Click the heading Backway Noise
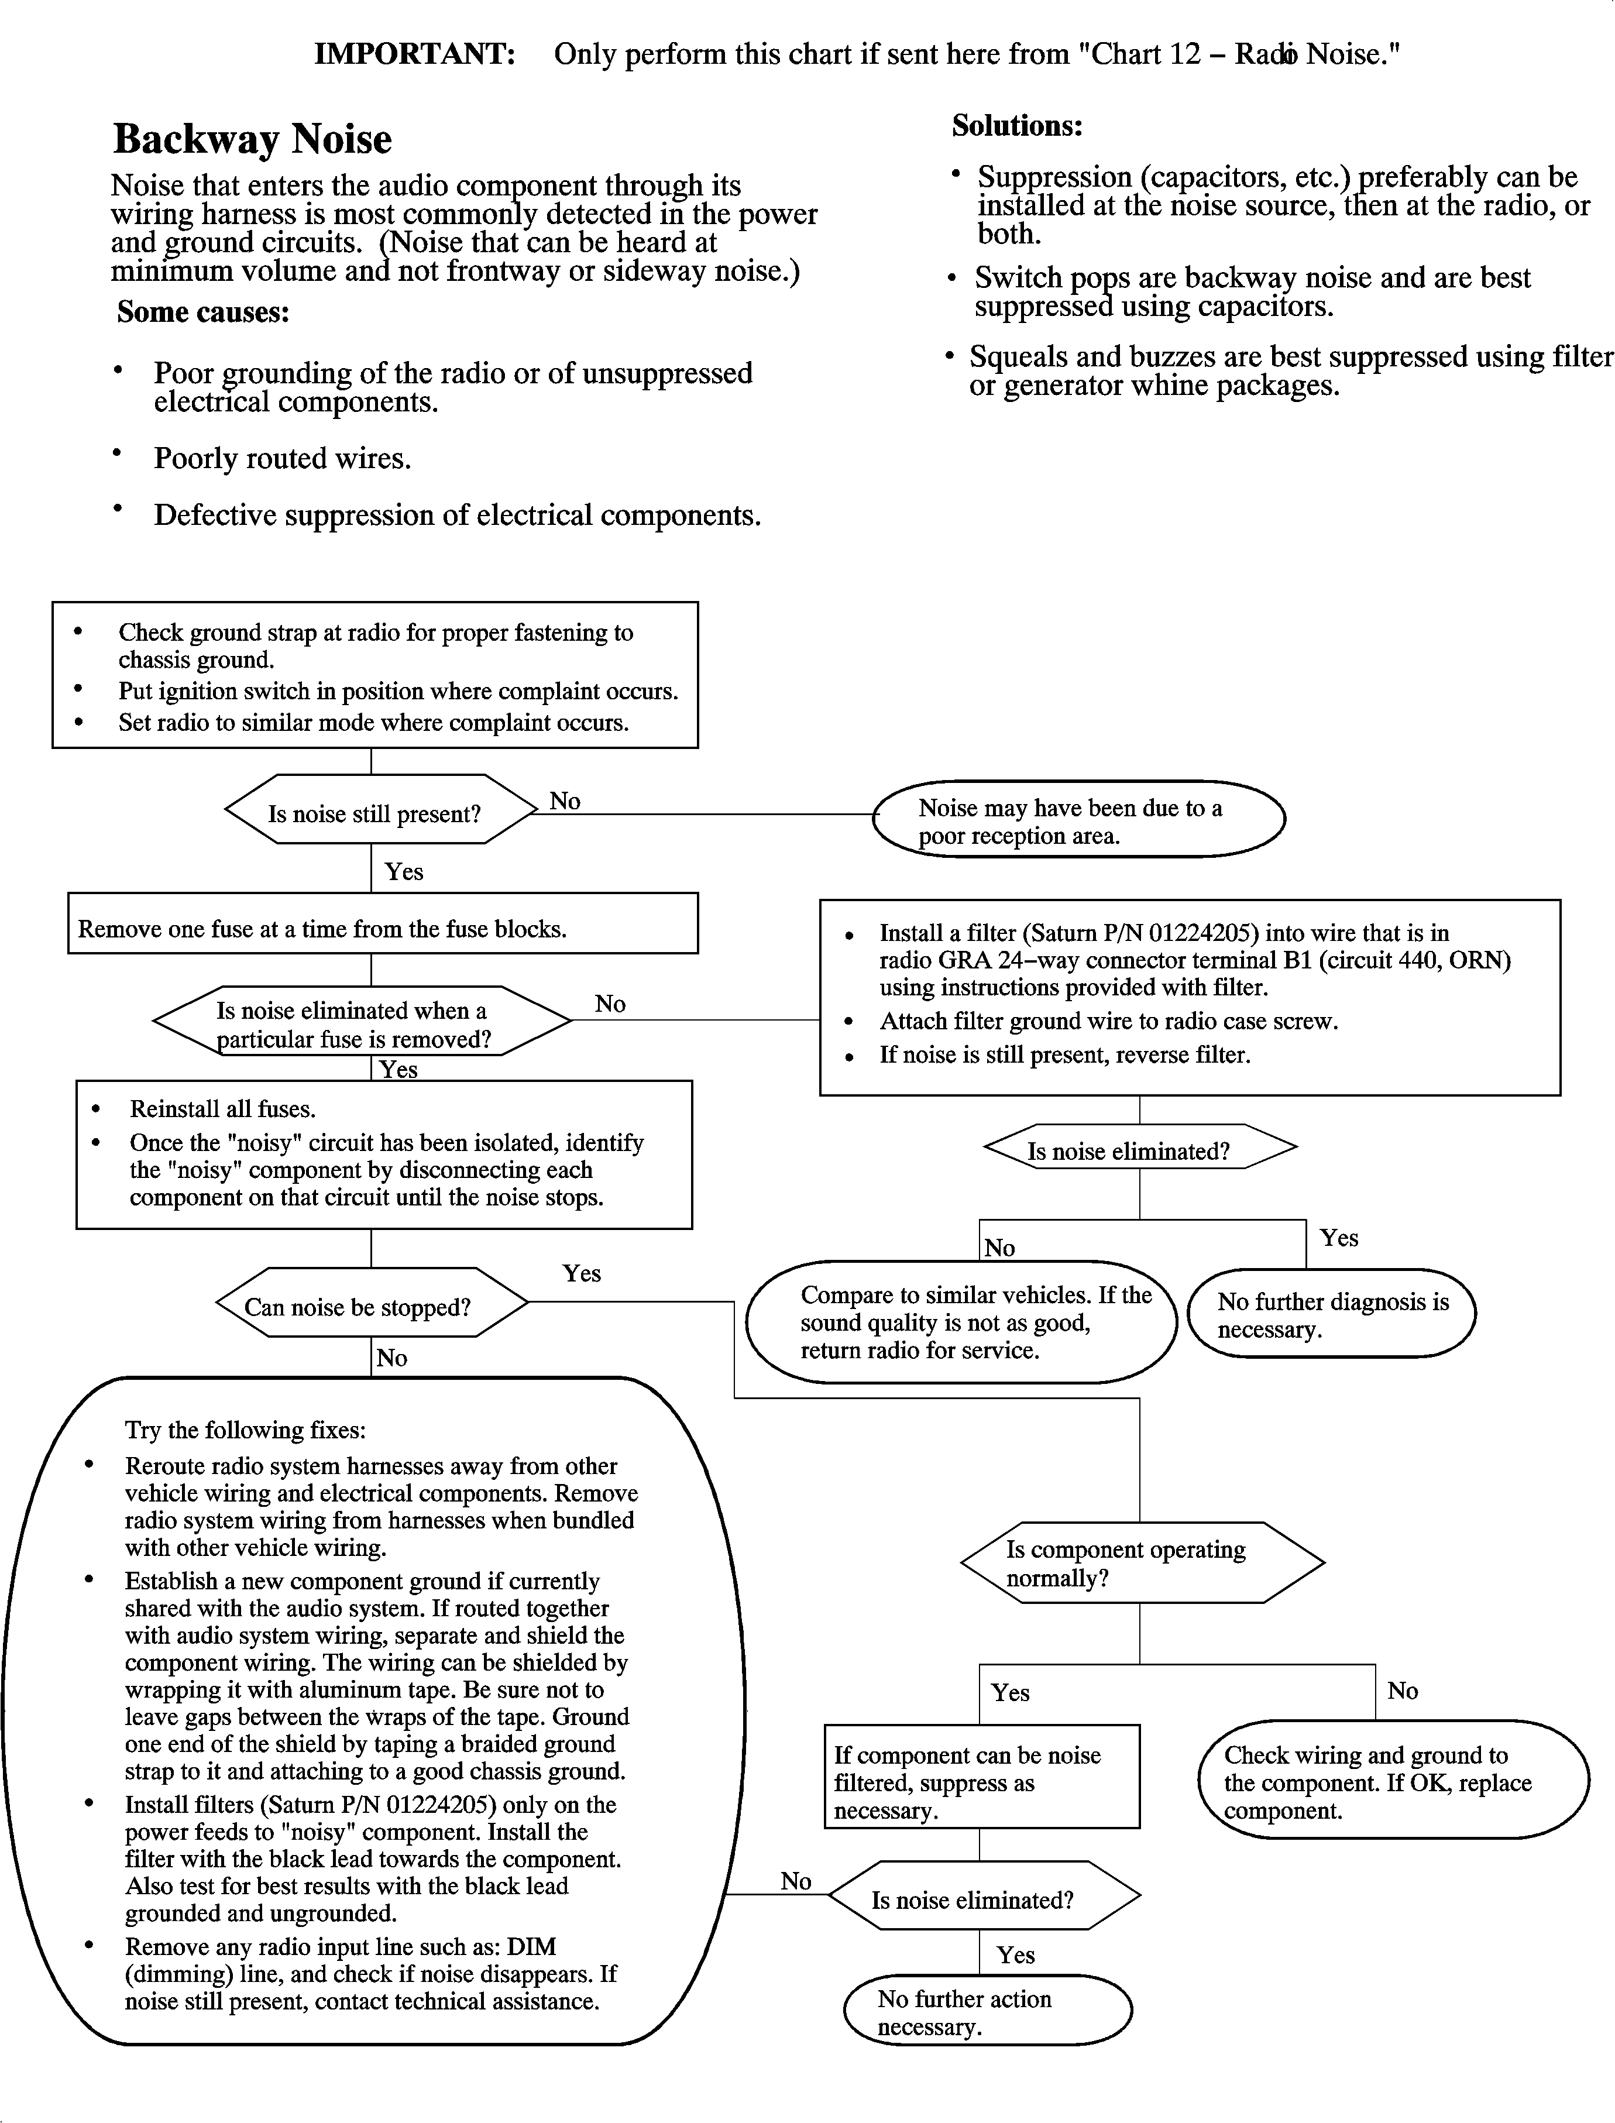[252, 139]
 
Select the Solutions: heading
[1017, 126]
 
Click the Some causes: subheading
[203, 312]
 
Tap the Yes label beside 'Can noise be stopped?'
[582, 1273]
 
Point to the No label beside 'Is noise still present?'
[565, 802]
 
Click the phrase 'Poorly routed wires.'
[283, 458]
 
